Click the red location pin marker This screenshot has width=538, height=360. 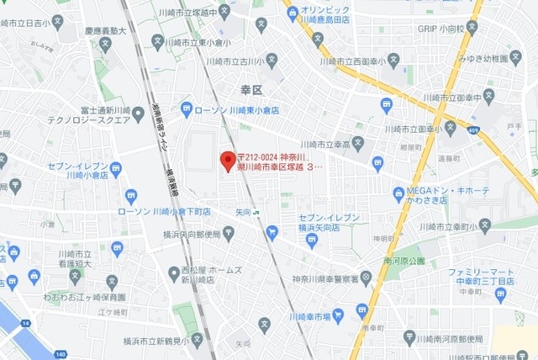pyautogui.click(x=226, y=160)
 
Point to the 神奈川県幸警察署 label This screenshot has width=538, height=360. pyautogui.click(x=324, y=278)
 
